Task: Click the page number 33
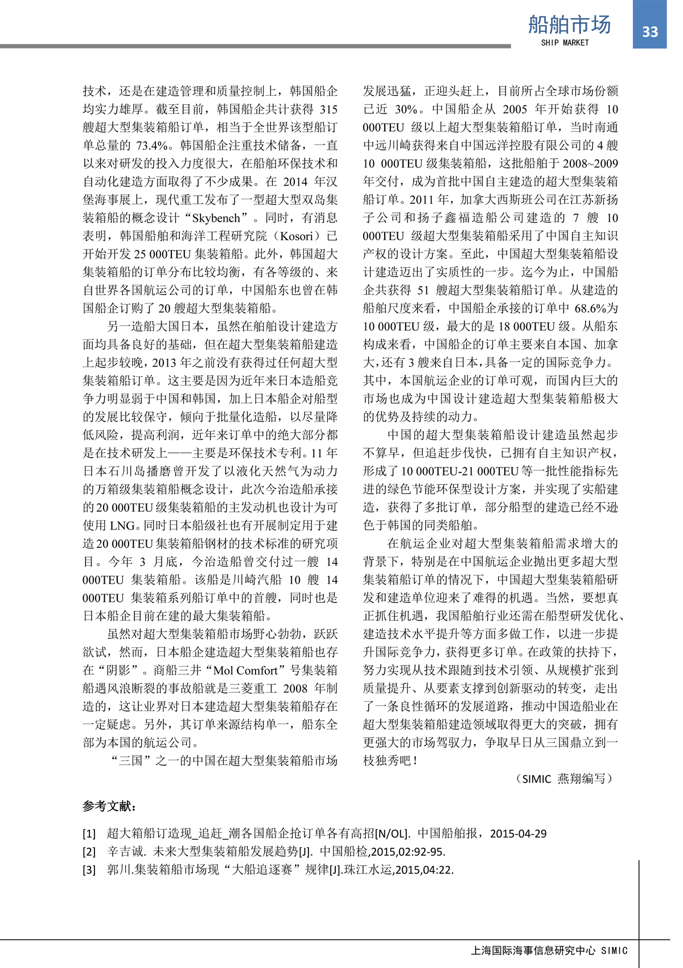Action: (650, 32)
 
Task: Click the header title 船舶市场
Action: (569, 24)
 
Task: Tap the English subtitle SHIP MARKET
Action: (565, 43)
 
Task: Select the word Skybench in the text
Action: (216, 218)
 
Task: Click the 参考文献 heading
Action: (109, 806)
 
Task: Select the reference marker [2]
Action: (89, 852)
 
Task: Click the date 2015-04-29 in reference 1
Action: (518, 834)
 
